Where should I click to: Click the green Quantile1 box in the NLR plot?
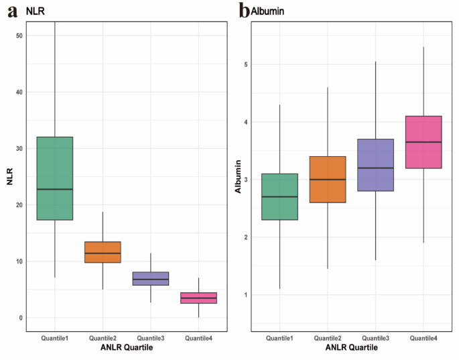[x=54, y=178]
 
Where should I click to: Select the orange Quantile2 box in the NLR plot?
[x=103, y=252]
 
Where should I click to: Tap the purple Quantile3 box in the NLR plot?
[x=150, y=278]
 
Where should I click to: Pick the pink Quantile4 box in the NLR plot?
[x=198, y=298]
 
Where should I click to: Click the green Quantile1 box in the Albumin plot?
[x=279, y=196]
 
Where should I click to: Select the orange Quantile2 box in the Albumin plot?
[x=327, y=179]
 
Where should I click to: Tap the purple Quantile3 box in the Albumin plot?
[x=375, y=165]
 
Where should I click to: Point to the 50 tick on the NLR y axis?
[x=20, y=35]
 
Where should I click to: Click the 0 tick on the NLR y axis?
[x=21, y=318]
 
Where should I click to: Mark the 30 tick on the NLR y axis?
[x=20, y=148]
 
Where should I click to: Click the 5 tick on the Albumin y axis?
[x=246, y=64]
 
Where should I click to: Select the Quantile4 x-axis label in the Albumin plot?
[x=423, y=337]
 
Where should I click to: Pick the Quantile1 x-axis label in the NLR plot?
[x=54, y=337]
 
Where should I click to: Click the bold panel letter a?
[x=12, y=11]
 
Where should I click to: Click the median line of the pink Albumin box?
[x=423, y=142]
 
